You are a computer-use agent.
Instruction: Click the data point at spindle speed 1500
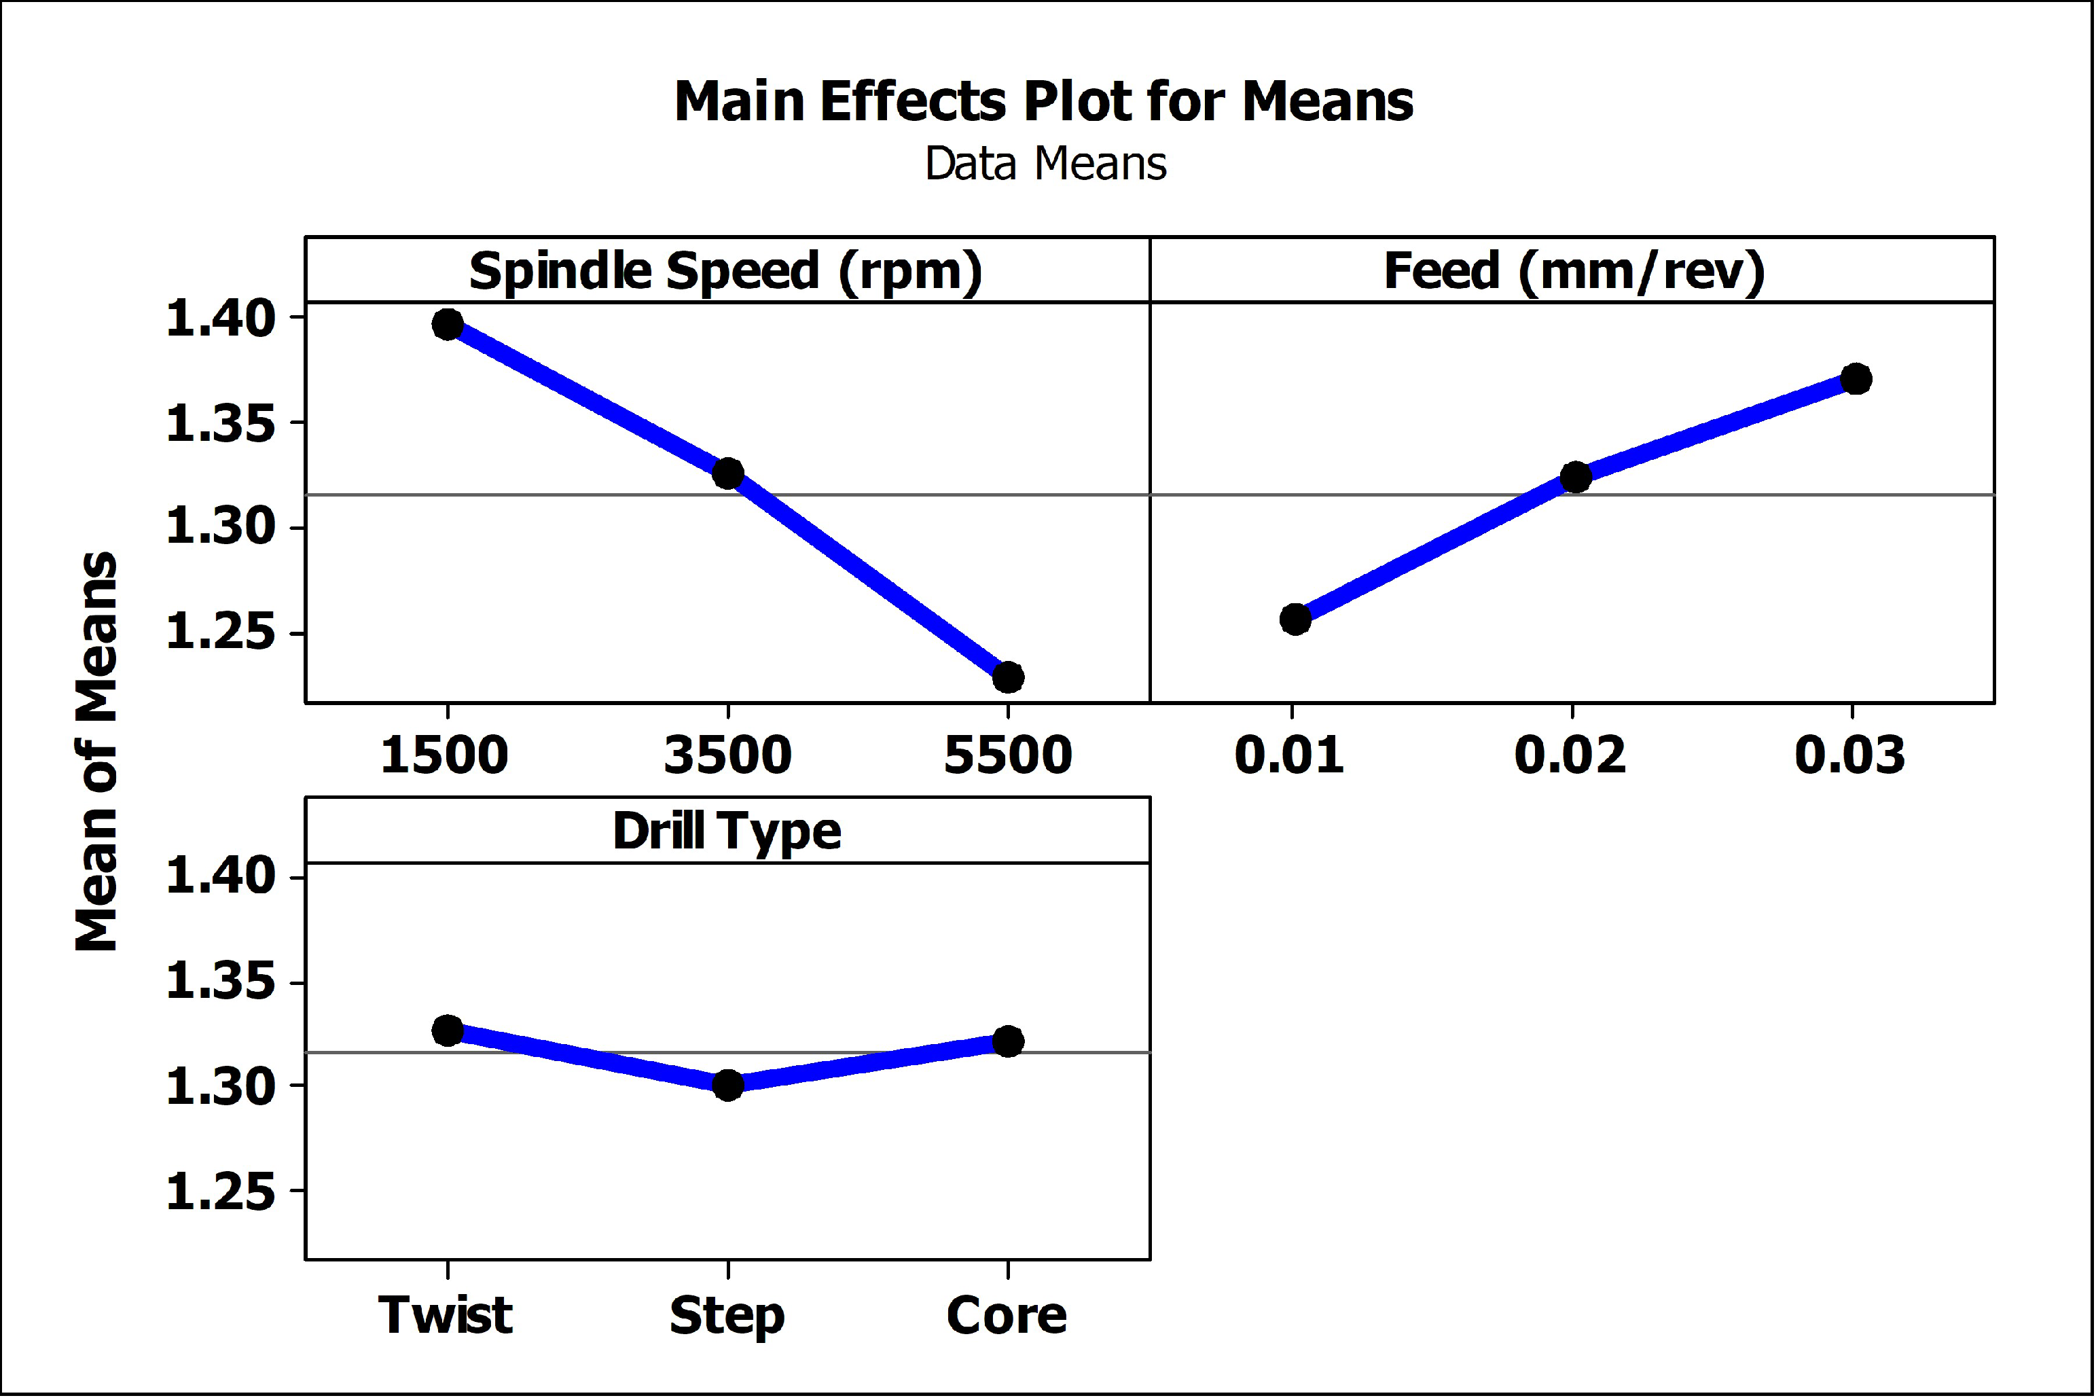(448, 325)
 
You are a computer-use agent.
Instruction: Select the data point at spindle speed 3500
(728, 473)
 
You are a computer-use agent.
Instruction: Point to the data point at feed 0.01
(1295, 619)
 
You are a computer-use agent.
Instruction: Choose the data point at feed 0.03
(1856, 379)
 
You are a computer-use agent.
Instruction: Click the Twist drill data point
(448, 1030)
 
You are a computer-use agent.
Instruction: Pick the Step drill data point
(728, 1085)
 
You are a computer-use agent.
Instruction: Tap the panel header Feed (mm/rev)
(1574, 271)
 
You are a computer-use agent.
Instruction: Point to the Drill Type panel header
(727, 831)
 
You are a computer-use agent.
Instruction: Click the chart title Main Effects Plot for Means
(1043, 102)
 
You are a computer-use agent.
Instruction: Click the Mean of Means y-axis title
(96, 751)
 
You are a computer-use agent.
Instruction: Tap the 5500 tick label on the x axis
(1007, 755)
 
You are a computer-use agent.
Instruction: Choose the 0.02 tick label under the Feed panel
(1570, 755)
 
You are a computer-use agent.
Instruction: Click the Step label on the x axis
(727, 1316)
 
